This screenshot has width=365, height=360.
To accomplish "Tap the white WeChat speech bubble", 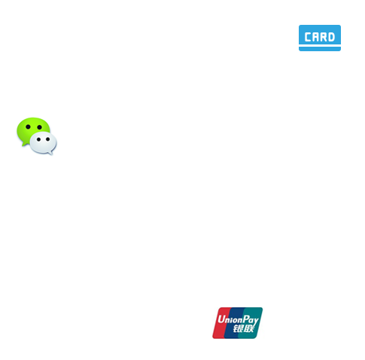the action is [43, 142].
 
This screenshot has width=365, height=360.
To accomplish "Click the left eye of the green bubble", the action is [28, 127].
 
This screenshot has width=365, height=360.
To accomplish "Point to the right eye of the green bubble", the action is [39, 127].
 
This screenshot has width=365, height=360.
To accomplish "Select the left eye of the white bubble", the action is [38, 139].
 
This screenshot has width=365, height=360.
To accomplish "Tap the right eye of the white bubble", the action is [47, 139].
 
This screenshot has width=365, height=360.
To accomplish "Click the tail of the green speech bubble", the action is [24, 144].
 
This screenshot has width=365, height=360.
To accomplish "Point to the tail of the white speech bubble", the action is [50, 153].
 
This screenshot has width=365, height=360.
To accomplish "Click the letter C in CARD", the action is [308, 37].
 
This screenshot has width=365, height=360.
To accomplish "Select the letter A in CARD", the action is [315, 37].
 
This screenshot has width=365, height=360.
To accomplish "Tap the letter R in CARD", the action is [324, 37].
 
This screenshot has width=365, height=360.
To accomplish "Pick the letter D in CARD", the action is [331, 37].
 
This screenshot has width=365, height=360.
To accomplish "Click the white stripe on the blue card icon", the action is [320, 45].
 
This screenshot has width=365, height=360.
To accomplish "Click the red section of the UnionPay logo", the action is [221, 323].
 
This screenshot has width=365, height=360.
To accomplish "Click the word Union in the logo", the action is [230, 319].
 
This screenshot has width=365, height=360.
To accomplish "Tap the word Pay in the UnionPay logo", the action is [251, 320].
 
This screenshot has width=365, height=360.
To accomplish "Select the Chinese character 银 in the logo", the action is [238, 328].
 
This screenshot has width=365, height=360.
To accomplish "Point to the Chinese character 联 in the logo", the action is [248, 328].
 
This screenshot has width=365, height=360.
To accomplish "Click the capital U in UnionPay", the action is [221, 319].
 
